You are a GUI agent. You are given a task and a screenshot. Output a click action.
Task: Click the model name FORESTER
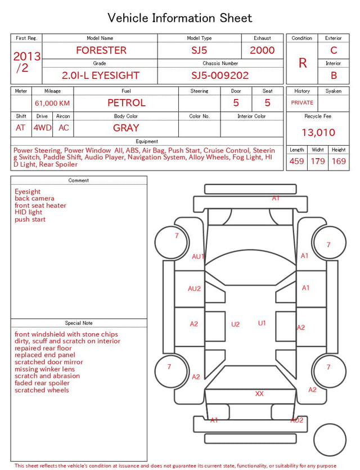tap(101, 50)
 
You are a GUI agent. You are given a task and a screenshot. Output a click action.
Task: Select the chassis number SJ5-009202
tap(220, 75)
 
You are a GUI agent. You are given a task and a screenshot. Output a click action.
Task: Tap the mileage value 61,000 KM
tap(52, 104)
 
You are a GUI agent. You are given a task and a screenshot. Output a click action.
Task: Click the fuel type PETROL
tap(127, 103)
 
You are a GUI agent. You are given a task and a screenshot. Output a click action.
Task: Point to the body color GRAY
tap(126, 128)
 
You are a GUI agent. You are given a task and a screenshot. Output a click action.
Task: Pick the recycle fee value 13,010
tap(318, 132)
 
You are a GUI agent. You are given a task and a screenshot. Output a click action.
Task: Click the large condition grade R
tap(303, 63)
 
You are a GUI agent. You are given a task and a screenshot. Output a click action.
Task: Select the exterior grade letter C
tap(334, 50)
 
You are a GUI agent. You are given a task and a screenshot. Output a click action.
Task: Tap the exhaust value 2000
tap(262, 50)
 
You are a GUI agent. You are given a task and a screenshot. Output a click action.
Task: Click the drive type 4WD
tap(42, 128)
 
